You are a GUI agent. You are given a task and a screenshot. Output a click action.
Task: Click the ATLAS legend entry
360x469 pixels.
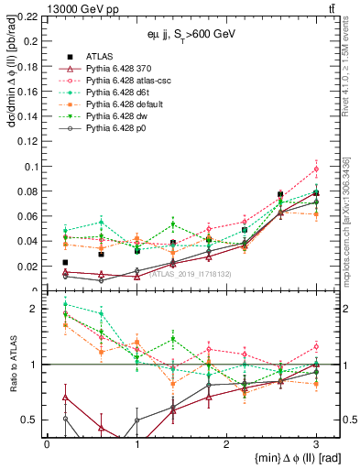(100, 57)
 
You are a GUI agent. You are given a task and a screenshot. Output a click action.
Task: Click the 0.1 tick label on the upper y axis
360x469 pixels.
(32, 167)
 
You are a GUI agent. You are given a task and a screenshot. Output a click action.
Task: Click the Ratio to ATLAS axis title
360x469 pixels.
(10, 365)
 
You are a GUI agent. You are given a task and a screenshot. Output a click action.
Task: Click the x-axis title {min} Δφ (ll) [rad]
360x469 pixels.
(285, 458)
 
